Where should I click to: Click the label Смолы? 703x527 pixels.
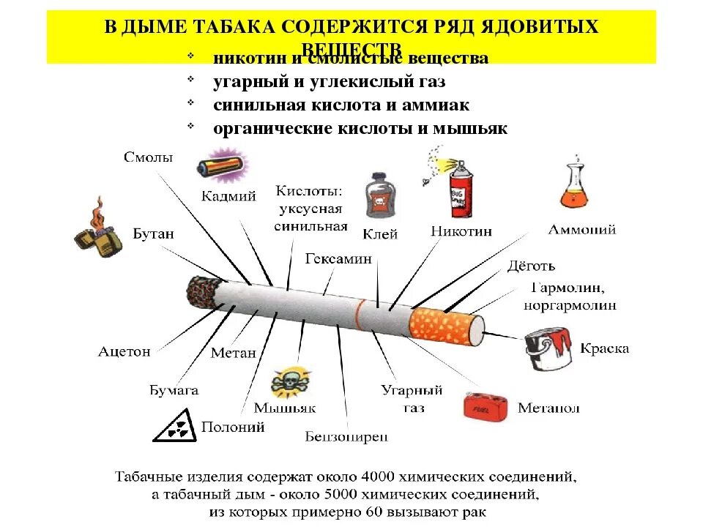[x=149, y=157]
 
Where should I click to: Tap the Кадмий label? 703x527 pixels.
[x=228, y=195]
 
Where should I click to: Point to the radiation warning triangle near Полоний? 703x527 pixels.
[x=173, y=426]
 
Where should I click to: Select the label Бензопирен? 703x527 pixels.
[x=346, y=438]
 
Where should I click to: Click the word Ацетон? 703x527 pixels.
[x=124, y=351]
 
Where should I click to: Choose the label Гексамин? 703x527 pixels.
[x=338, y=258]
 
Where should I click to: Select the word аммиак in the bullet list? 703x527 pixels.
[x=436, y=105]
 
